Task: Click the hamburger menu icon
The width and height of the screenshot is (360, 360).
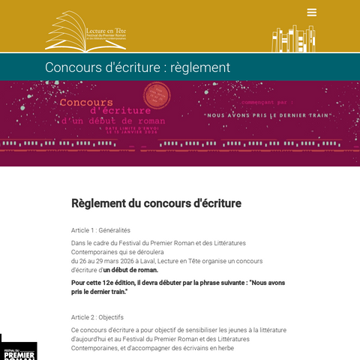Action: pyautogui.click(x=312, y=13)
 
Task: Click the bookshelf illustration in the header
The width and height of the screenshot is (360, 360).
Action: pyautogui.click(x=293, y=37)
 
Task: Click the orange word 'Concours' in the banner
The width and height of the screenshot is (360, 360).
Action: pyautogui.click(x=86, y=102)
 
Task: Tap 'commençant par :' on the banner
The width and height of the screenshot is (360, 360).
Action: pyautogui.click(x=268, y=101)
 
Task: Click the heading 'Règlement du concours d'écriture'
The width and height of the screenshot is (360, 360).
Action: pyautogui.click(x=156, y=203)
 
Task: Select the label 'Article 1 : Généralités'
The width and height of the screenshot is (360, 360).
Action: pyautogui.click(x=100, y=230)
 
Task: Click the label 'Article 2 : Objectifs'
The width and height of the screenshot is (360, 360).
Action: pyautogui.click(x=97, y=317)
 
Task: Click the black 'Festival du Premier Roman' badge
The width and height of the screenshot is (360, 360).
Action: pyautogui.click(x=18, y=349)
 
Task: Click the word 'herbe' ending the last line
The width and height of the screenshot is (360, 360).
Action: pyautogui.click(x=223, y=348)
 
